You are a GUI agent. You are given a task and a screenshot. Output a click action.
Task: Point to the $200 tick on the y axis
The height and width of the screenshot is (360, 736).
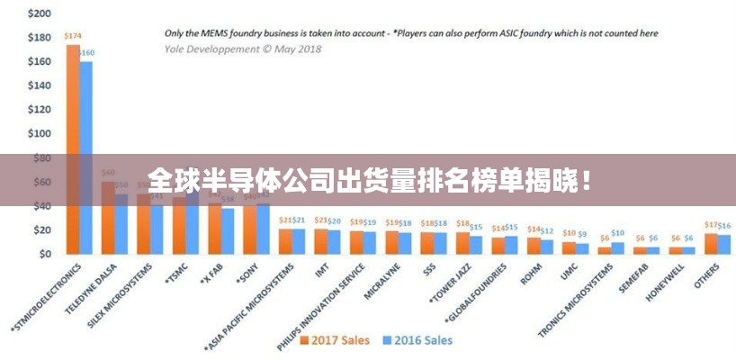click(x=40, y=13)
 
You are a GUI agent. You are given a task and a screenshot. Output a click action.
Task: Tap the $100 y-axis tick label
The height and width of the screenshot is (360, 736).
click(x=40, y=133)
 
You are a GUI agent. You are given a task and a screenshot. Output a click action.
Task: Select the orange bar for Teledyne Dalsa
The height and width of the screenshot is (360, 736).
click(x=108, y=216)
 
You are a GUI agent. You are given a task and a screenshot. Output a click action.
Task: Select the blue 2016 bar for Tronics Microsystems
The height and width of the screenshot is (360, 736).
click(x=617, y=247)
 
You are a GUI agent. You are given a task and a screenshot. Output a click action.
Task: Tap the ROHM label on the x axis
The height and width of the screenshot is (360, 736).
click(x=530, y=270)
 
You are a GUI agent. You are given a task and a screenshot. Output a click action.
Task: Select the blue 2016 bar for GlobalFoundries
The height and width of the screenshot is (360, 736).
click(x=511, y=245)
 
